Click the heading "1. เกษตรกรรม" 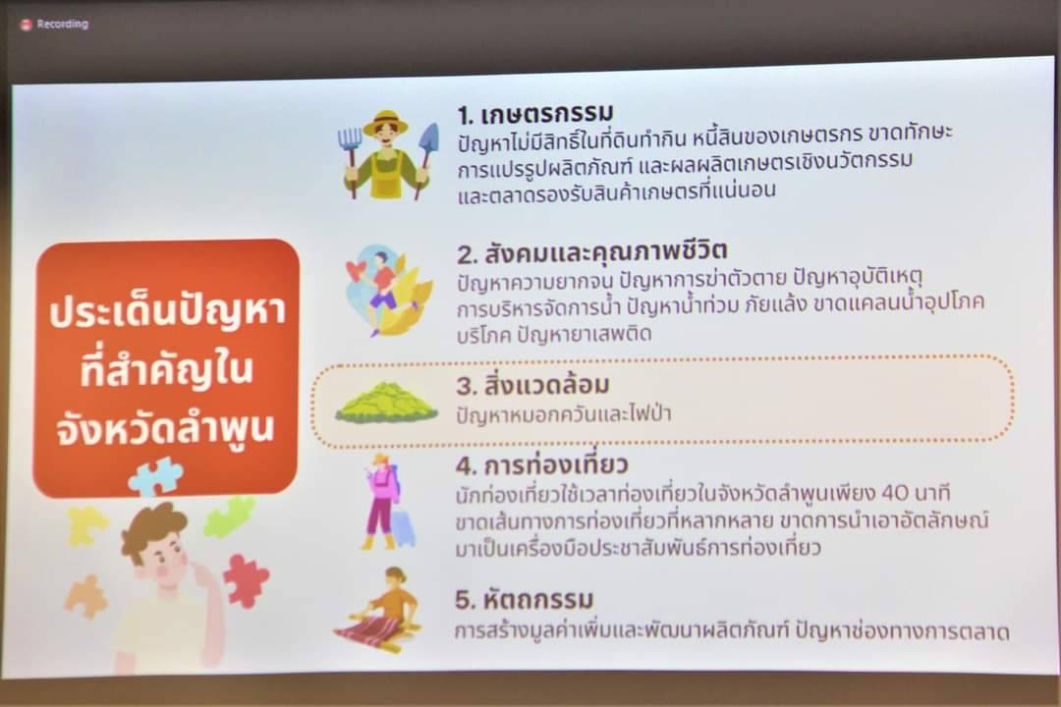pos(535,114)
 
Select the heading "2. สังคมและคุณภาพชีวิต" pos(592,252)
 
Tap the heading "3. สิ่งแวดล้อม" pos(532,384)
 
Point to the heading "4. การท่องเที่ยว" pos(541,464)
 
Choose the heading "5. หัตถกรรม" pos(524,599)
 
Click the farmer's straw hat pos(386,122)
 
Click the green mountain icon pos(386,404)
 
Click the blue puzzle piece pos(155,476)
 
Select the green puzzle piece pos(229,517)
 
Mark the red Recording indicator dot pos(26,25)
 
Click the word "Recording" pos(62,25)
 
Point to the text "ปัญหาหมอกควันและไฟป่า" pos(564,413)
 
